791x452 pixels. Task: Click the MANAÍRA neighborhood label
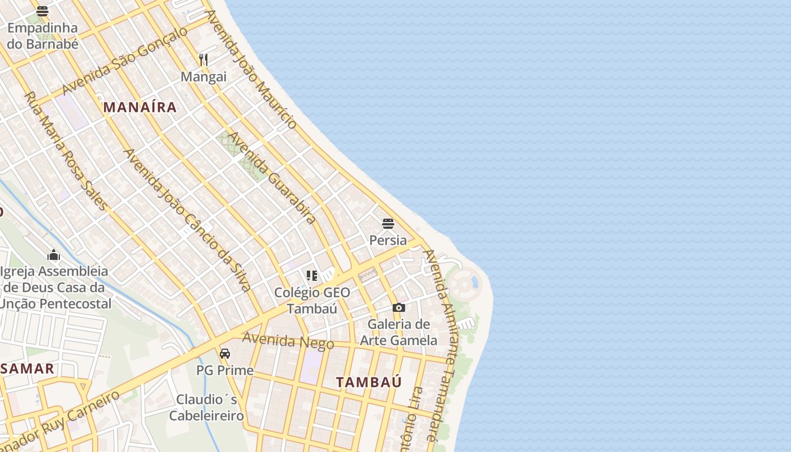(140, 107)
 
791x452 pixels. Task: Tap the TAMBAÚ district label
(369, 382)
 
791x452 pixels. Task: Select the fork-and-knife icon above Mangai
(203, 59)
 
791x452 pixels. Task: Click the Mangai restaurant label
(203, 77)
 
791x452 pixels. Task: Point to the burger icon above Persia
(388, 224)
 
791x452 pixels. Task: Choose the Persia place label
(388, 240)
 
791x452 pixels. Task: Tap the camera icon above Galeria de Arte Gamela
(399, 308)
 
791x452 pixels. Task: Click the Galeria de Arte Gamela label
(399, 332)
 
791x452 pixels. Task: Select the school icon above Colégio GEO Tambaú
(312, 276)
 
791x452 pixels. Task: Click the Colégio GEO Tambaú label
(312, 301)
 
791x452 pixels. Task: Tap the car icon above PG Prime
(225, 354)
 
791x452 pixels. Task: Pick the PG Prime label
(225, 371)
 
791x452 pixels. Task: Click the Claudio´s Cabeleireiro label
(206, 407)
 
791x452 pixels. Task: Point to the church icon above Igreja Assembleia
(54, 255)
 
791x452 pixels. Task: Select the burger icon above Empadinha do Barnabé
(42, 11)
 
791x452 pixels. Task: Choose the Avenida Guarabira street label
(271, 178)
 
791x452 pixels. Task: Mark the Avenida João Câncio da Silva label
(187, 220)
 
